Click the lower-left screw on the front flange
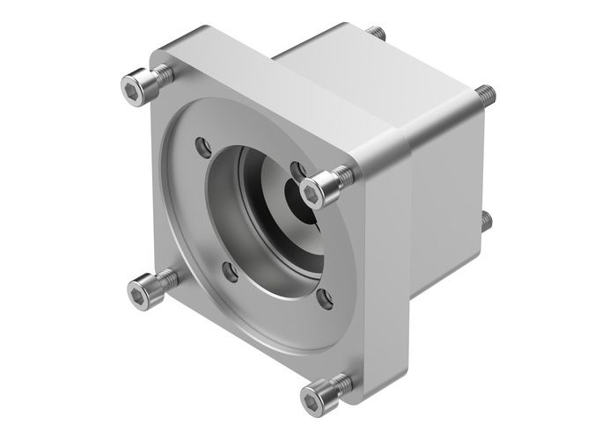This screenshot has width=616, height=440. (143, 286)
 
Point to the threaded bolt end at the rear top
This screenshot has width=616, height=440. (380, 33)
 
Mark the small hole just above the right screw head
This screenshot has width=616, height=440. (297, 166)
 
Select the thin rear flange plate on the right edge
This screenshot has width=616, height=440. (477, 158)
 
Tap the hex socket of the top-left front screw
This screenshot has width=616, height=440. (132, 87)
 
